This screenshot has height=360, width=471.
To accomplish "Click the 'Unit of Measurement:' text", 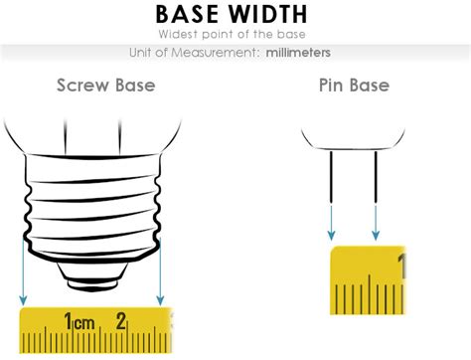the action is point(195,52).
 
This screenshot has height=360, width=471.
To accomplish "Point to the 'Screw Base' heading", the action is point(105,86).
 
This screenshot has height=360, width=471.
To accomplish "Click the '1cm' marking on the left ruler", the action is point(79,321).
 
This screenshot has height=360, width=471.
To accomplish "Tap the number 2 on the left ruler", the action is point(120,321).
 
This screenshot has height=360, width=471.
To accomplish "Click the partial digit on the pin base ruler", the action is point(400,266).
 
